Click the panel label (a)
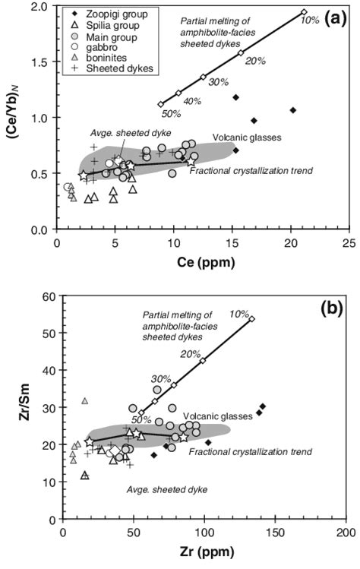click(333, 16)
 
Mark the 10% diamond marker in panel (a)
click(304, 12)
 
